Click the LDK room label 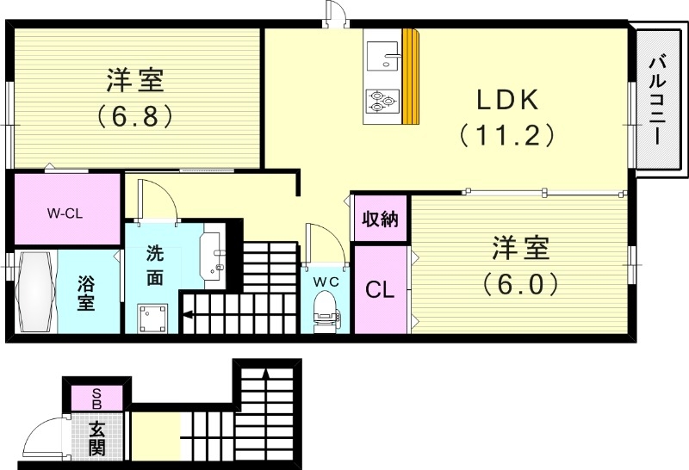coord(508,100)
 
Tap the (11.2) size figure coord(506,135)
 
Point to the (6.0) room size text coord(520,282)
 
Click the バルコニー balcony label coord(660,100)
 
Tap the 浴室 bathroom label coord(86,293)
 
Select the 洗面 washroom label coord(155,265)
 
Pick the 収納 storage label coord(380,220)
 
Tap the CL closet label coord(380,290)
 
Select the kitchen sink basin coord(381,55)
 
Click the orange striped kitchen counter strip coord(411,77)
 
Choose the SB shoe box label coord(96,399)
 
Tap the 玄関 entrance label coord(97,436)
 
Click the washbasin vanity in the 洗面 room coord(213,257)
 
